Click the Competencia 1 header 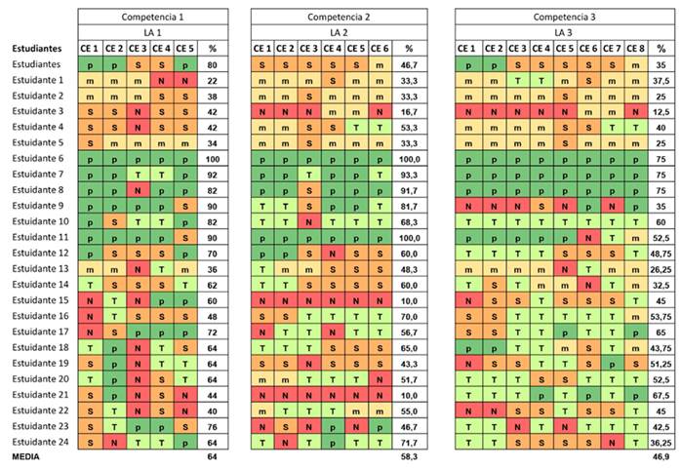tap(154, 17)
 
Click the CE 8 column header tap(635, 48)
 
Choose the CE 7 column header tap(612, 48)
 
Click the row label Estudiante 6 tap(39, 158)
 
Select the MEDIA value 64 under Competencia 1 tap(211, 458)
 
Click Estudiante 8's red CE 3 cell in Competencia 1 tap(138, 189)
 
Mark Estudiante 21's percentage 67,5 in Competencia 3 tap(662, 395)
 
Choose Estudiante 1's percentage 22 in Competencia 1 tap(211, 79)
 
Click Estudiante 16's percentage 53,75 tap(662, 316)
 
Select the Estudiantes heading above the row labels tap(38, 48)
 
